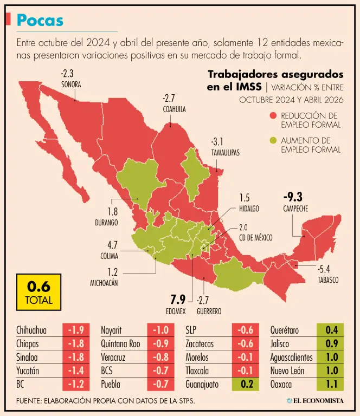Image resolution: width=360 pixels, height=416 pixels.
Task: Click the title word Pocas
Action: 40,20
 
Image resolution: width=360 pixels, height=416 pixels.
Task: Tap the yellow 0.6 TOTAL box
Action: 38,292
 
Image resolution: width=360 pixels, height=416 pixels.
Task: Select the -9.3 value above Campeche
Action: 293,197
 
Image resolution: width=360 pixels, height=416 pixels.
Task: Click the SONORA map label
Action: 71,84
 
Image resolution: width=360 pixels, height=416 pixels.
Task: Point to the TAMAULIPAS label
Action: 226,153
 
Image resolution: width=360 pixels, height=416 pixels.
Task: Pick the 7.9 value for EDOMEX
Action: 178,300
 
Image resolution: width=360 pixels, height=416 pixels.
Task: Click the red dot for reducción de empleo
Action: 273,116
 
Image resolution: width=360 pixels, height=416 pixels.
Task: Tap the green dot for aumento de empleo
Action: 273,140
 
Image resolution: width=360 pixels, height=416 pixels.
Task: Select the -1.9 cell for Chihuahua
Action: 76,330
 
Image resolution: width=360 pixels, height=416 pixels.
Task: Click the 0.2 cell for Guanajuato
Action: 246,384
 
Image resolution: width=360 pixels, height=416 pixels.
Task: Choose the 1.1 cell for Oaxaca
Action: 330,384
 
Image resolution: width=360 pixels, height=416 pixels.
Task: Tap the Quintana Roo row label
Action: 120,344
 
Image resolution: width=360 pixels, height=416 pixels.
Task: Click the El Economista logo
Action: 315,401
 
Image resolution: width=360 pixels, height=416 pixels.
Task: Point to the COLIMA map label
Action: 109,256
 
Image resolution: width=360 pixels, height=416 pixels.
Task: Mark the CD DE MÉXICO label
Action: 256,237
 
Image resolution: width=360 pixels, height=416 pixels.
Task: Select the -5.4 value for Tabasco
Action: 324,269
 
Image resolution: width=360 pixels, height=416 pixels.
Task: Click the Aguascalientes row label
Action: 292,357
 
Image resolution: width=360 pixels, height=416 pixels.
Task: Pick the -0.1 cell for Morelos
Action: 246,357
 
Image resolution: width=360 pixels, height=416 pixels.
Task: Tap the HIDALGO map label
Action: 249,209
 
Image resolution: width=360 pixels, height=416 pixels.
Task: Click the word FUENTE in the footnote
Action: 28,401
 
